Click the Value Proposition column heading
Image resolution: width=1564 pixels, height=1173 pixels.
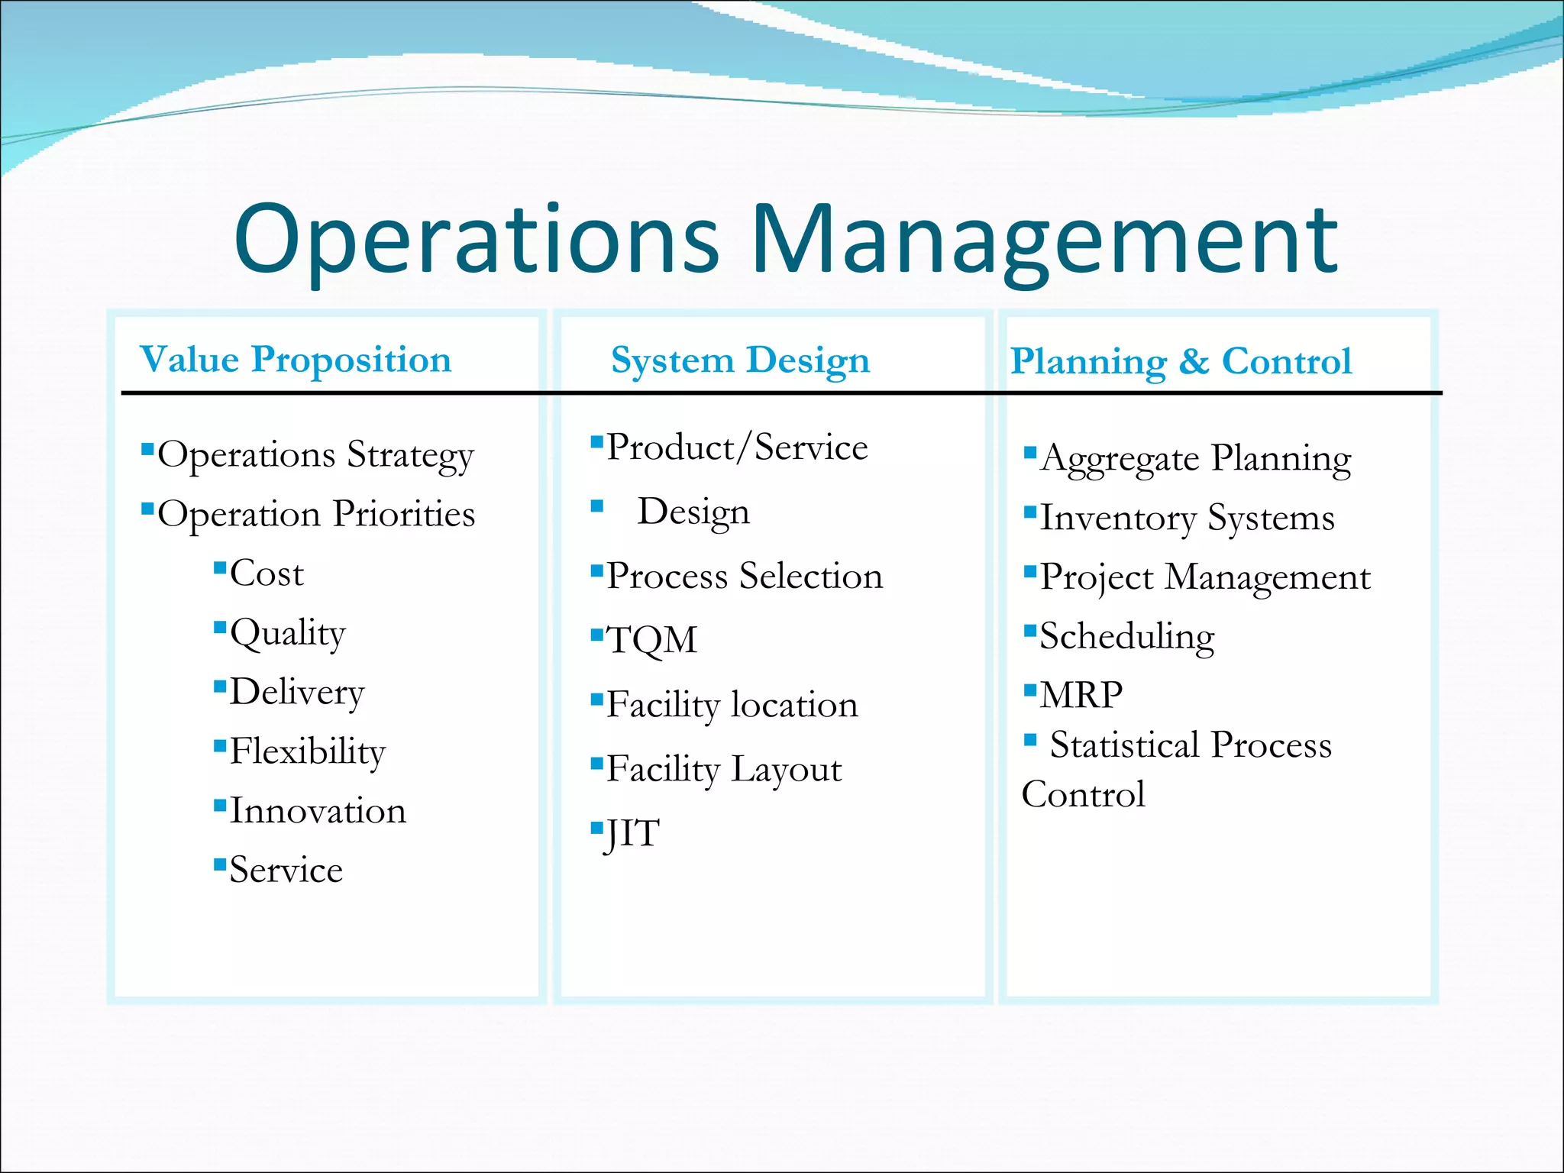296,360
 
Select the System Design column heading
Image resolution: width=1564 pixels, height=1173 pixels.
740,360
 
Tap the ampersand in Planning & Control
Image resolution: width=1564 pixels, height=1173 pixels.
1194,362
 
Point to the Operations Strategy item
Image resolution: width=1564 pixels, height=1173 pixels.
315,456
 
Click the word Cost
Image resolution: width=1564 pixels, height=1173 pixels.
267,574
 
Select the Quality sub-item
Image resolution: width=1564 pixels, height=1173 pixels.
287,634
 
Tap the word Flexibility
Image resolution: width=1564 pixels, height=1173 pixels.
307,751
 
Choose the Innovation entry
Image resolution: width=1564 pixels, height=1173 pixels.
318,811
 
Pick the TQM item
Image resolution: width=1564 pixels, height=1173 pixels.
651,640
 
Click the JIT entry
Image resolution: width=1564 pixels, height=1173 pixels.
632,834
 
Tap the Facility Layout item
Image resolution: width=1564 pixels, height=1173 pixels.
723,769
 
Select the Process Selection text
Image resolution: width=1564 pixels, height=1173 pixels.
744,576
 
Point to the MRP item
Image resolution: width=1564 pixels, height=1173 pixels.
1081,696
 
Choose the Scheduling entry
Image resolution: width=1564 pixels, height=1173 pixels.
1126,637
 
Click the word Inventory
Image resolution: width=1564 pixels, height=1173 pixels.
1117,519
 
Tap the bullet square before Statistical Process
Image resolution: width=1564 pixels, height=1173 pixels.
1030,739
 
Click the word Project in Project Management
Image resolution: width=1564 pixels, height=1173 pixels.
1097,578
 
